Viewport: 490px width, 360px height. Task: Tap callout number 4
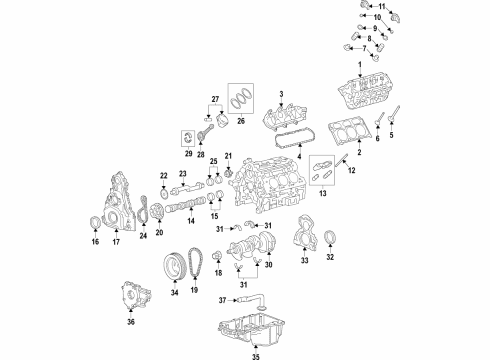[x=297, y=159]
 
